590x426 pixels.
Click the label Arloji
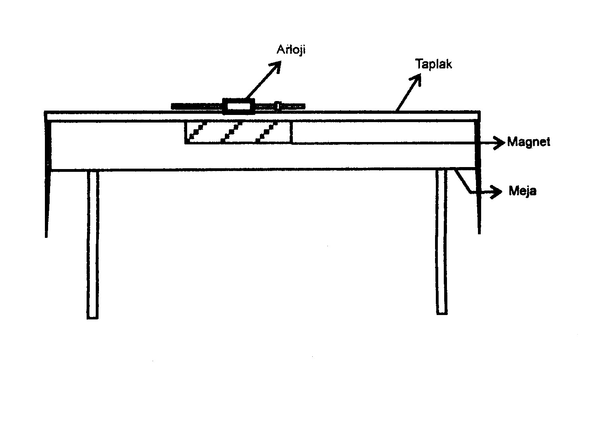[291, 51]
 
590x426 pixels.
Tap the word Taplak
[433, 64]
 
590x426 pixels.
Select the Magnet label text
[528, 142]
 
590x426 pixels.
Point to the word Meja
[522, 191]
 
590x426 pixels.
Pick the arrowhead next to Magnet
[499, 142]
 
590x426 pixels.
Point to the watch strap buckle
[278, 106]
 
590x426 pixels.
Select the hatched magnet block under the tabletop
[238, 132]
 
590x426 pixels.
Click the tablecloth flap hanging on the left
[47, 179]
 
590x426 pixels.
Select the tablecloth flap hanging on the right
[478, 179]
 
